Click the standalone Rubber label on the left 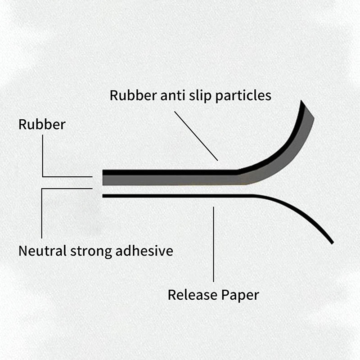tap(42, 124)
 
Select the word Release tap(193, 295)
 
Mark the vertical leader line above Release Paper tap(213, 243)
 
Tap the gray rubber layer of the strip tap(180, 180)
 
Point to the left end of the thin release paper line tap(104, 196)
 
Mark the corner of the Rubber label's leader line tap(43, 176)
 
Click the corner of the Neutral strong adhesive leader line tap(42, 189)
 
